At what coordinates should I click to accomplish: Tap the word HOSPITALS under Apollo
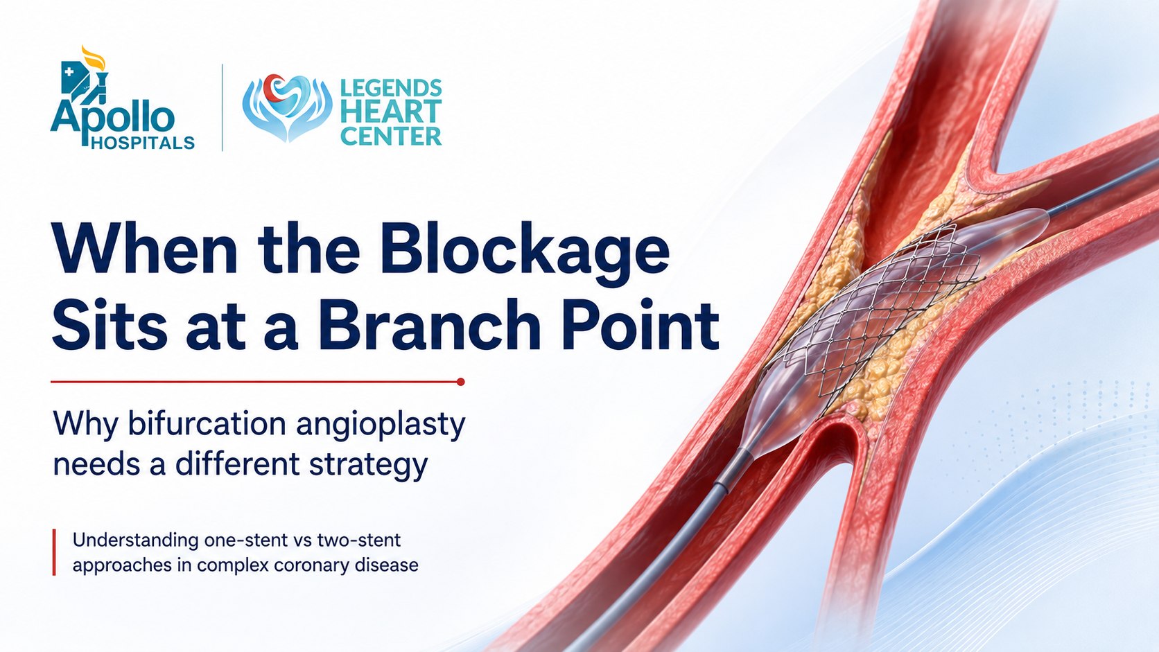pyautogui.click(x=142, y=143)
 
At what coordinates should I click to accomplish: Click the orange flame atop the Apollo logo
pyautogui.click(x=94, y=58)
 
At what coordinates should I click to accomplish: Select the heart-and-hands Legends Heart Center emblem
pyautogui.click(x=287, y=107)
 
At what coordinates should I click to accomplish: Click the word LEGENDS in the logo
pyautogui.click(x=391, y=89)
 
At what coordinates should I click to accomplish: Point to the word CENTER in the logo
pyautogui.click(x=391, y=136)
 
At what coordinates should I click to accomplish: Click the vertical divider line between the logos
pyautogui.click(x=223, y=107)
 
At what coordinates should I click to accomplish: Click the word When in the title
pyautogui.click(x=144, y=249)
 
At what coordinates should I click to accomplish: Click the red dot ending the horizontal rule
pyautogui.click(x=460, y=382)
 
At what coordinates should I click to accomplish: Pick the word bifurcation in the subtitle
pyautogui.click(x=207, y=423)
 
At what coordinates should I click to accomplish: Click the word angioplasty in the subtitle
pyautogui.click(x=381, y=425)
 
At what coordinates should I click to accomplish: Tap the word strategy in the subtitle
pyautogui.click(x=368, y=466)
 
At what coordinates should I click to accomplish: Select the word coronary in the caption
pyautogui.click(x=311, y=566)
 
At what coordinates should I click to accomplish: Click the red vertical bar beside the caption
pyautogui.click(x=54, y=552)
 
